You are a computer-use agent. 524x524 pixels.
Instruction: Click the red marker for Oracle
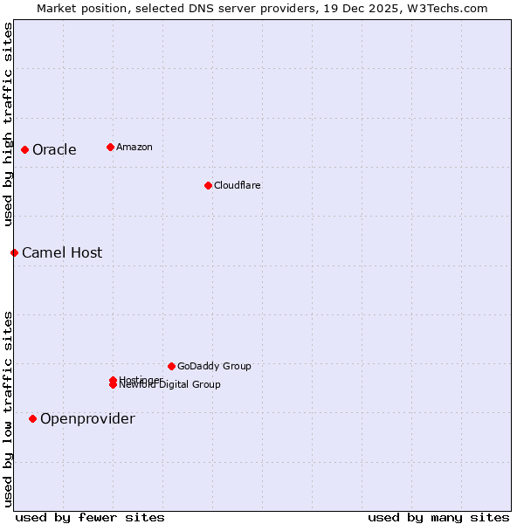point(24,149)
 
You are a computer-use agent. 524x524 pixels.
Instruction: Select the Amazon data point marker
point(110,147)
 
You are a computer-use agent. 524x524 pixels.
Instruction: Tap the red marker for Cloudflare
point(208,185)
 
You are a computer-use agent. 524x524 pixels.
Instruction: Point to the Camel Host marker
point(14,252)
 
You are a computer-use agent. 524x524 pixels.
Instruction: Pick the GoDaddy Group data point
point(171,366)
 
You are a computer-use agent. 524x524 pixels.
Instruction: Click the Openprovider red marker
point(32,418)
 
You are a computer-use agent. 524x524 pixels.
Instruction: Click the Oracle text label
point(54,150)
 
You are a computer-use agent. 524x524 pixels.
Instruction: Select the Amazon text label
point(134,147)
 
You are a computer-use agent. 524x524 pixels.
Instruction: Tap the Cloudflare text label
point(238,185)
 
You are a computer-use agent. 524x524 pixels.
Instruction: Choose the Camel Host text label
point(62,253)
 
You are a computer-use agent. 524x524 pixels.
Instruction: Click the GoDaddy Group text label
point(214,366)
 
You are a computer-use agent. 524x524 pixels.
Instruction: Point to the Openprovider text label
point(87,419)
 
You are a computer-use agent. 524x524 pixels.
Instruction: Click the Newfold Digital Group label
point(171,385)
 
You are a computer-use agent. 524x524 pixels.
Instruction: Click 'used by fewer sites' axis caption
point(90,517)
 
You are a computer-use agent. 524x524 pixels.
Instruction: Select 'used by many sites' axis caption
point(438,517)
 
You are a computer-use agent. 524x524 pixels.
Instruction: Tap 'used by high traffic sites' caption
point(8,124)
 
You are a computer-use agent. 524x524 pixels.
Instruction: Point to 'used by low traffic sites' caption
point(8,408)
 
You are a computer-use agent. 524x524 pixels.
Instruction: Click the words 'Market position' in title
point(78,8)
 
